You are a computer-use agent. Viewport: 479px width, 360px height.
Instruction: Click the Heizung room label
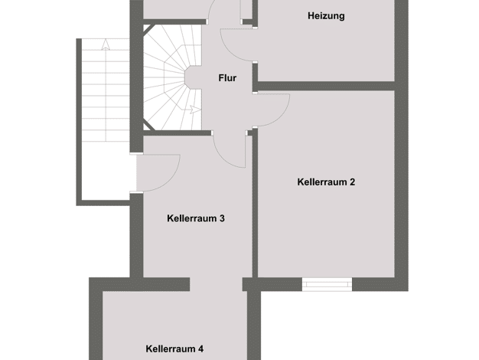click(x=326, y=16)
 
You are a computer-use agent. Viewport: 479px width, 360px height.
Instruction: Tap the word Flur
click(x=227, y=78)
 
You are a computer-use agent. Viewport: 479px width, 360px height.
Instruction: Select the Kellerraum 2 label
click(x=326, y=182)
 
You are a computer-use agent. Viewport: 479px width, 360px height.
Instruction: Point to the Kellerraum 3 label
click(x=196, y=218)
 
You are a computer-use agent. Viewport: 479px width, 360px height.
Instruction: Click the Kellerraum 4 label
click(x=174, y=349)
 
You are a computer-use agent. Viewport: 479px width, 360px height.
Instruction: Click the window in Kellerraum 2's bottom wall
click(x=327, y=284)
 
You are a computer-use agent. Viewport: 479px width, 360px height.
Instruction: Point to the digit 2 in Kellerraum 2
click(x=352, y=182)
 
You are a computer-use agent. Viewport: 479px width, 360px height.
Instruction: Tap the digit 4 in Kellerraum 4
click(x=200, y=349)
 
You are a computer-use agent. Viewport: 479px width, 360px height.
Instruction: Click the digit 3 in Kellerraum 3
click(x=222, y=218)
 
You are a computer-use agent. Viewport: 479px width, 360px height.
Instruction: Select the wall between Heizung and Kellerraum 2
click(x=326, y=86)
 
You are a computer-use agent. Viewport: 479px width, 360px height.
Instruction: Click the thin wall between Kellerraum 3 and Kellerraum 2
click(x=255, y=204)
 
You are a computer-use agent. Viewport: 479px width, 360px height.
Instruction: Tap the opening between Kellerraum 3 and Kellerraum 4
click(x=217, y=284)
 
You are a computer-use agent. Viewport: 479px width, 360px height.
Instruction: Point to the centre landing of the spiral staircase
click(x=193, y=78)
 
